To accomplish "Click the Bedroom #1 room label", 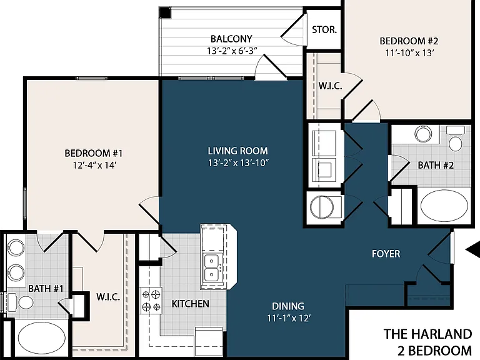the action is (x=94, y=153).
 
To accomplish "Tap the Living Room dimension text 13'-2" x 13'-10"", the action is (x=238, y=163).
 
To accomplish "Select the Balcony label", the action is (x=231, y=39).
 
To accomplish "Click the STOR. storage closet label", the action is (x=324, y=30).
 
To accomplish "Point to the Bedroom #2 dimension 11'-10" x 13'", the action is (x=409, y=53).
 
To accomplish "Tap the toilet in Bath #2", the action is (x=455, y=139).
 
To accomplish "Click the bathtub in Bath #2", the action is (x=444, y=206).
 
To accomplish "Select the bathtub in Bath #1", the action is (x=42, y=338).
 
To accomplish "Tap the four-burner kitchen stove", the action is (x=151, y=300).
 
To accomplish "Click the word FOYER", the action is (x=386, y=254).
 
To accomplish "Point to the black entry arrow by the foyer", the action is (x=473, y=250).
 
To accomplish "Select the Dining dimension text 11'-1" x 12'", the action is (x=289, y=318).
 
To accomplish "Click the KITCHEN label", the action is (x=191, y=304).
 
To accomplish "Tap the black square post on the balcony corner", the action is (x=165, y=13).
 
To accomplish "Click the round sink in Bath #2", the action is (x=423, y=134).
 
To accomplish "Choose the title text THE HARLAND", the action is (x=428, y=334).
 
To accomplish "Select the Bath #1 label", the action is (x=46, y=288).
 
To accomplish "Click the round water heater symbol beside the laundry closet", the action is (x=321, y=207).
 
